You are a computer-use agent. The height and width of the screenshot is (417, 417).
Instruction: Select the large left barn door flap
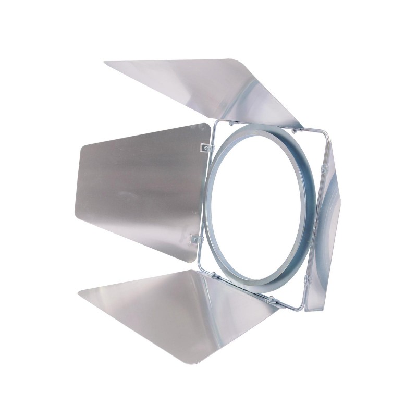coord(141,193)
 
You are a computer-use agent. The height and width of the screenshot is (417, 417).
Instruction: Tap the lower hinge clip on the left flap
coord(195,239)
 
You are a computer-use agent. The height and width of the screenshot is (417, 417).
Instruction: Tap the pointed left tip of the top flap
coord(106,63)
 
